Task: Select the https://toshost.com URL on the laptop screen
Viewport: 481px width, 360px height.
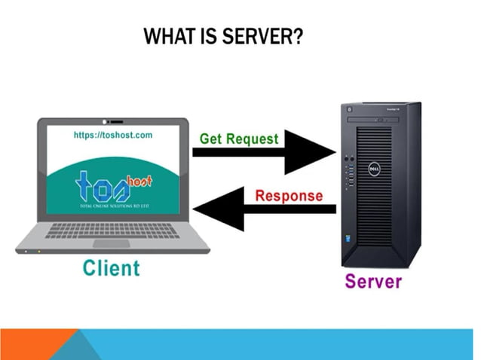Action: (x=113, y=135)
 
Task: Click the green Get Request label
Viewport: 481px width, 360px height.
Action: (x=238, y=139)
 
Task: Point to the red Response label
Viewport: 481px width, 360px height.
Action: (x=288, y=197)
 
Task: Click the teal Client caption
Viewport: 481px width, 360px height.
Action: (x=112, y=267)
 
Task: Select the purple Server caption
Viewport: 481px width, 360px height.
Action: (x=373, y=282)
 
